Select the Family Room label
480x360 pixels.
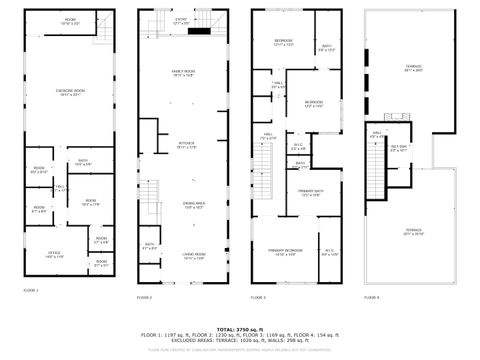tap(182, 73)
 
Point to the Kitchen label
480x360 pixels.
tap(186, 146)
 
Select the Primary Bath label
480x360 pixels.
tap(311, 194)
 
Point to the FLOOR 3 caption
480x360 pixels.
tap(258, 298)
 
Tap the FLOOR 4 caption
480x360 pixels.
tap(371, 298)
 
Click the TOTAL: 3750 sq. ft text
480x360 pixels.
tap(240, 327)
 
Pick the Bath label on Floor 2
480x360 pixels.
tap(150, 245)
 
